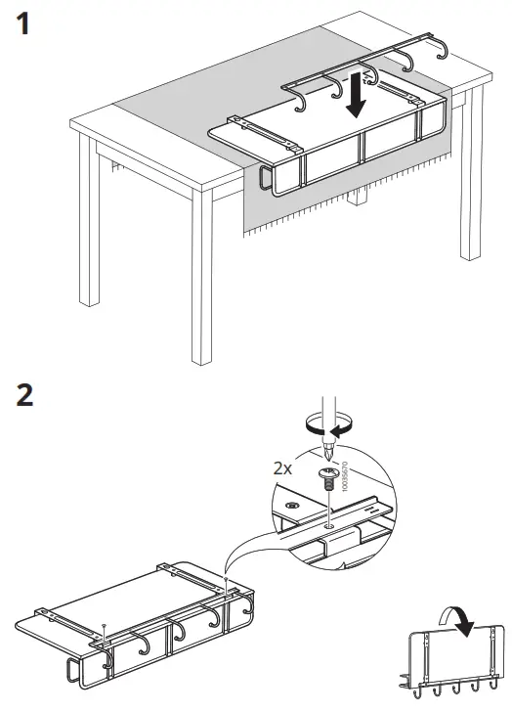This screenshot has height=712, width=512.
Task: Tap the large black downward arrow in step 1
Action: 358,102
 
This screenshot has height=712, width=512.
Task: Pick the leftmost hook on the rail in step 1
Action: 302,100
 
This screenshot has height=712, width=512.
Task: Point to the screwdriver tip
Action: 329,452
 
